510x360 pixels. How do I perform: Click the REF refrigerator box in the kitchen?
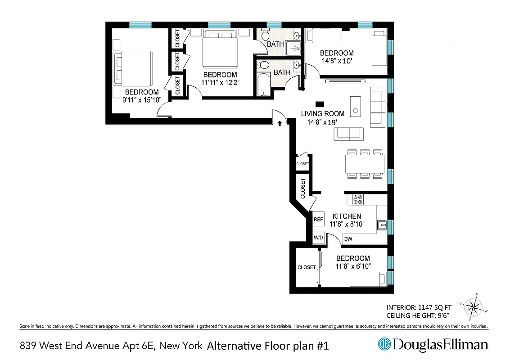pyautogui.click(x=318, y=220)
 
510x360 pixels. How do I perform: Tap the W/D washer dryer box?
pyautogui.click(x=318, y=237)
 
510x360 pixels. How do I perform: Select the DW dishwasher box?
pyautogui.click(x=348, y=239)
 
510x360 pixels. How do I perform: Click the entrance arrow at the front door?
pyautogui.click(x=280, y=122)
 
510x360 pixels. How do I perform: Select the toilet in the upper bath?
pyautogui.click(x=266, y=35)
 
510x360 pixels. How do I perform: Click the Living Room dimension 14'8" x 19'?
pyautogui.click(x=322, y=121)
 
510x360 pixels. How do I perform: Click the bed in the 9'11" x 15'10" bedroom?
pyautogui.click(x=133, y=68)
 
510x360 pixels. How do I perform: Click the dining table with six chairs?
pyautogui.click(x=365, y=163)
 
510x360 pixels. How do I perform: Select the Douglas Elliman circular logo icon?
pyautogui.click(x=384, y=344)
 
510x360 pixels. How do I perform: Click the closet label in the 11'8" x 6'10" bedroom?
pyautogui.click(x=307, y=267)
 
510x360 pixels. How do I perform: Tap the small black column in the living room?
pyautogui.click(x=320, y=103)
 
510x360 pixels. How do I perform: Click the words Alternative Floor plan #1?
pyautogui.click(x=268, y=346)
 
